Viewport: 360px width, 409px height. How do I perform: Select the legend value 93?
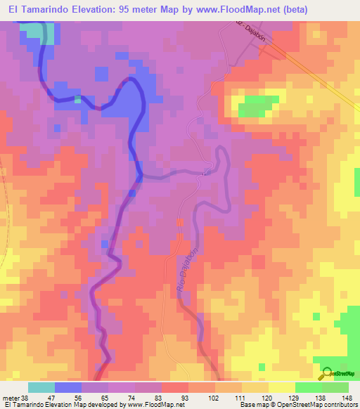[165, 397]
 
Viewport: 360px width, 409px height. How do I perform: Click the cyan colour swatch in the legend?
[41, 387]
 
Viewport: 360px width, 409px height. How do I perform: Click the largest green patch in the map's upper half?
[251, 109]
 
